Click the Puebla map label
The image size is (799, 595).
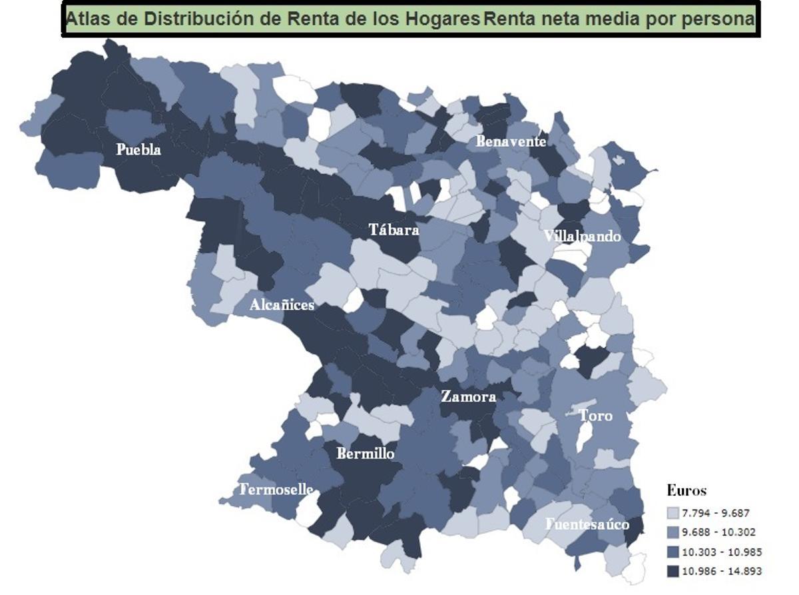[x=138, y=149]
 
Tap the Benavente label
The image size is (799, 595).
[x=511, y=141]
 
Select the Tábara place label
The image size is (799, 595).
[x=394, y=230]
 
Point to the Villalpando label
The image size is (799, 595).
[x=582, y=237]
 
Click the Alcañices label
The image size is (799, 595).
[x=282, y=305]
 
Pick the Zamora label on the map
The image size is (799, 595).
[x=468, y=396]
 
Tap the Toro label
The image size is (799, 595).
[x=595, y=416]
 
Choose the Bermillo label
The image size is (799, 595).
[x=365, y=454]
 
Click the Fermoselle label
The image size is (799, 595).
[x=276, y=490]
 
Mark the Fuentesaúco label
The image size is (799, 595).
[x=587, y=524]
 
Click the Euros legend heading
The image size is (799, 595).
[x=686, y=491]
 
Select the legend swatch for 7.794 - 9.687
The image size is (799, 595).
[x=672, y=513]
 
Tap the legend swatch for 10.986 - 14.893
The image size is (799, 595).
[x=672, y=571]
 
